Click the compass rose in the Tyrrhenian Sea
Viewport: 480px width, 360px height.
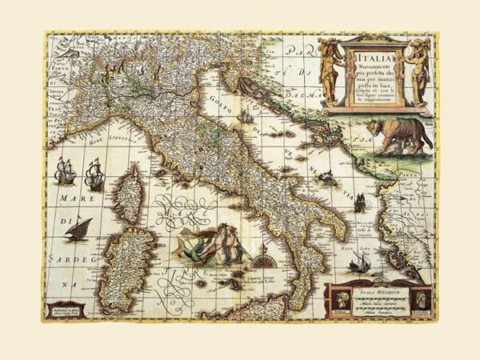click(x=261, y=259)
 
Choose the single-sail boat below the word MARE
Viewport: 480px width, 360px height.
click(x=78, y=229)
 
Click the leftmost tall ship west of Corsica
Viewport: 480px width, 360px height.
click(x=65, y=172)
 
